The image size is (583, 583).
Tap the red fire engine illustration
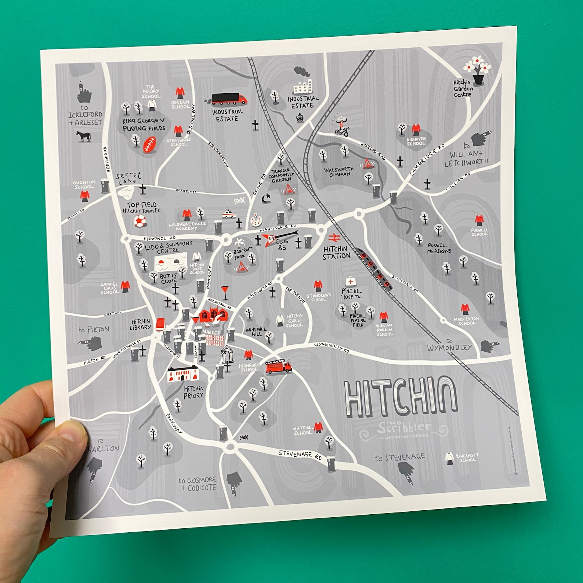click(x=278, y=366)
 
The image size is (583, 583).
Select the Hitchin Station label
click(x=336, y=253)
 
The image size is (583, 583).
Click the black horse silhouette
click(x=83, y=137)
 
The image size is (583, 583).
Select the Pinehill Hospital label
click(x=352, y=294)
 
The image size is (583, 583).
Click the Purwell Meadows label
click(x=439, y=248)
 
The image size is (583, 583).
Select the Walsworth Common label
click(x=338, y=171)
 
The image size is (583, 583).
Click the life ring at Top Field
click(x=140, y=221)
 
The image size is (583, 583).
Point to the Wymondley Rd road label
click(x=331, y=347)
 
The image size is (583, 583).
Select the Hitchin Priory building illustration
click(x=183, y=374)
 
